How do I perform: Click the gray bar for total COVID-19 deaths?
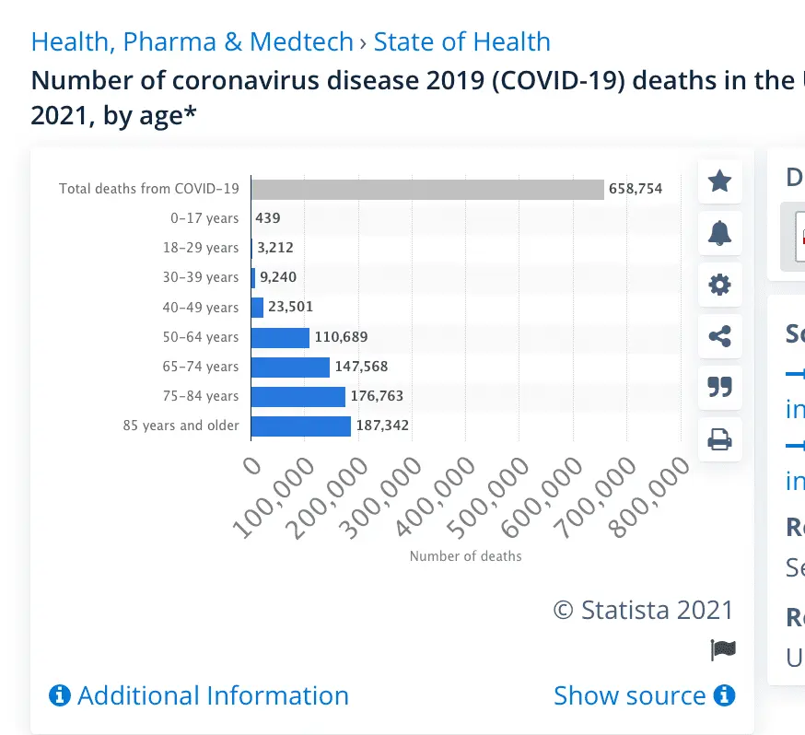(427, 189)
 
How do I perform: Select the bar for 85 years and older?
(301, 426)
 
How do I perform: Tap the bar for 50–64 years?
(280, 337)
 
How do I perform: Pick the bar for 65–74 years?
(290, 367)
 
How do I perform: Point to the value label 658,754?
(636, 189)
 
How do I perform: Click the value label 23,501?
(290, 308)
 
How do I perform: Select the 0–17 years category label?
(204, 218)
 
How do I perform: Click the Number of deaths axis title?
(465, 556)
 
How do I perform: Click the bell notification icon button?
(719, 233)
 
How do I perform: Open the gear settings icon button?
(719, 285)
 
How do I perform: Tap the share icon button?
(719, 336)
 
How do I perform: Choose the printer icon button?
(719, 439)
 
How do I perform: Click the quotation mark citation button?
(719, 388)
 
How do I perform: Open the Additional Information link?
(200, 695)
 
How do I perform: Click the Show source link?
(644, 695)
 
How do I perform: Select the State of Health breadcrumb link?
(461, 42)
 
